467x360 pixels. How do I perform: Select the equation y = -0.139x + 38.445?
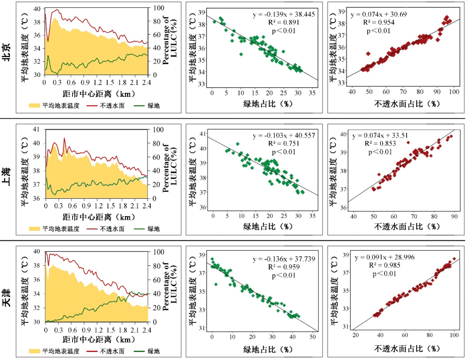point(284,14)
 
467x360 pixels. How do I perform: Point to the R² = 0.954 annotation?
point(378,22)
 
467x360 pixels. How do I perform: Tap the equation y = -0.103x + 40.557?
point(284,135)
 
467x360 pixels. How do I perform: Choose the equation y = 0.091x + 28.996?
point(384,257)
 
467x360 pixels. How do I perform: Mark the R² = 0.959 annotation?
point(284,267)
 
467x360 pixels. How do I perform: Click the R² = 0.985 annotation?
point(384,265)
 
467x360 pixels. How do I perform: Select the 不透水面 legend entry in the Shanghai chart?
point(106,229)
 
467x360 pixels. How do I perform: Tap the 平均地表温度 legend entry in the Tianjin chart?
point(54,351)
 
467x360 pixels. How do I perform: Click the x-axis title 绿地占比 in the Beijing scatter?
point(268,104)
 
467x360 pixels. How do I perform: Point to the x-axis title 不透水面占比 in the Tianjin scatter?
point(407,348)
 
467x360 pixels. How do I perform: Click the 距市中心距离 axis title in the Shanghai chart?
point(99,217)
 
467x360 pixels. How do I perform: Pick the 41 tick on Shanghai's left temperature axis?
point(36,130)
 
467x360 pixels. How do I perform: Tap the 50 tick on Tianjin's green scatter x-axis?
point(313,337)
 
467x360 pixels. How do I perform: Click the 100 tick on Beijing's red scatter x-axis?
point(454,92)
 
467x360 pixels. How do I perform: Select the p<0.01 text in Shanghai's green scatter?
point(284,152)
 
